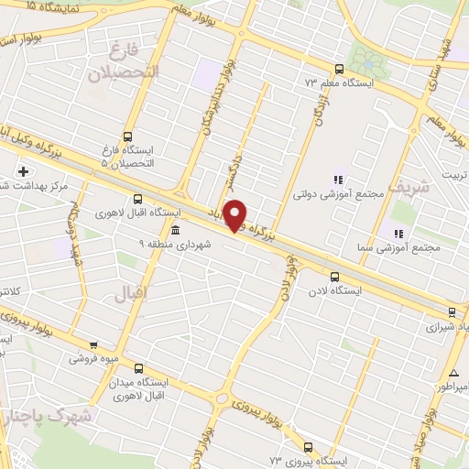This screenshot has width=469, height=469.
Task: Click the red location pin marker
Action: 236,214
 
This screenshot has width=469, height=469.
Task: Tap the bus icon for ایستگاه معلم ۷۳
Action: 340,69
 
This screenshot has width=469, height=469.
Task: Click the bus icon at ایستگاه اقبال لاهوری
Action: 138,199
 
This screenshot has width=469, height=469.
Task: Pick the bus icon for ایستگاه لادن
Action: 333,276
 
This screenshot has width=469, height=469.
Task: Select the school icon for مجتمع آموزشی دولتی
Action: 337,180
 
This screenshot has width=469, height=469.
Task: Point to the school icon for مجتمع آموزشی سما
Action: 398,234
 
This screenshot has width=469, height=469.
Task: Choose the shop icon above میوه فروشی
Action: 93,345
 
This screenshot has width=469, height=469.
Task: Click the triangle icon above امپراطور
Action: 454,373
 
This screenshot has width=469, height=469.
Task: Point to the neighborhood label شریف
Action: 408,186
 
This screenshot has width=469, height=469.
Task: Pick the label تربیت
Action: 455,174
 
